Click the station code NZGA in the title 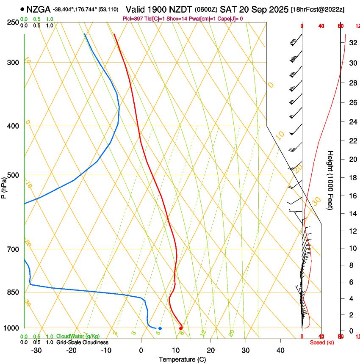tap(38, 9)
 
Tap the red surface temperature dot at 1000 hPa tap(181, 328)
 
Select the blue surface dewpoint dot tap(160, 328)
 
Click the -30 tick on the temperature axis tap(36, 350)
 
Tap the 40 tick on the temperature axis tap(280, 350)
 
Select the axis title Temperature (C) tap(183, 359)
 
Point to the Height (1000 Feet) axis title tap(330, 180)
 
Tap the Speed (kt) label tap(322, 342)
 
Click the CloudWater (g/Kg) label tap(78, 336)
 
